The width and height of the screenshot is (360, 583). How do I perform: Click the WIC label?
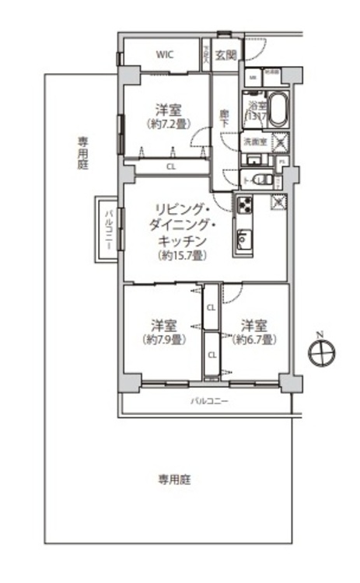pyautogui.click(x=164, y=54)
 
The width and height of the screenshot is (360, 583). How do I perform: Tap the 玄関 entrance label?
pyautogui.click(x=226, y=54)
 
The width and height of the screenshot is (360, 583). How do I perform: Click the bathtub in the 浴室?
pyautogui.click(x=278, y=110)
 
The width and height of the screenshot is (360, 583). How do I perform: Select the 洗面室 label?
pyautogui.click(x=254, y=142)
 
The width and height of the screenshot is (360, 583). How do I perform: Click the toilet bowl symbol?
pyautogui.click(x=264, y=180)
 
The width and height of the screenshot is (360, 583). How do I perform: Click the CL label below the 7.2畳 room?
pyautogui.click(x=170, y=166)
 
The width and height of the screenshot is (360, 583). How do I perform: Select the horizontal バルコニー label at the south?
pyautogui.click(x=209, y=402)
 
